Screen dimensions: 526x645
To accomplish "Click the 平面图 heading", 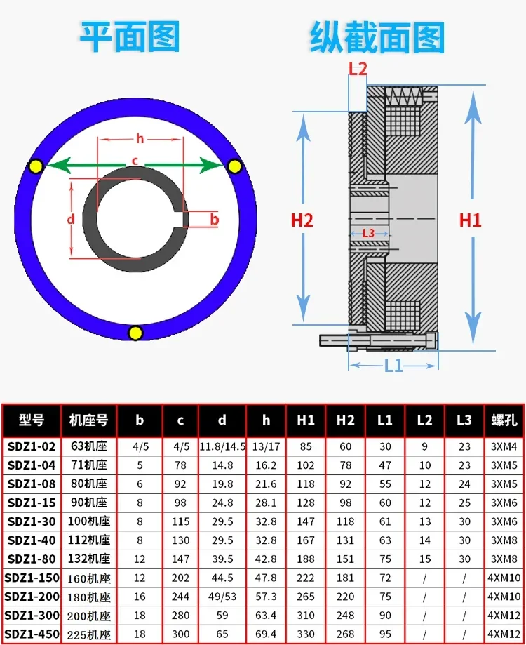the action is point(130,37).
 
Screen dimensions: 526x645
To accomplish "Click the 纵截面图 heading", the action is point(377,38).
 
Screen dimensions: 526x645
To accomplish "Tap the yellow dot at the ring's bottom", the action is point(135,333).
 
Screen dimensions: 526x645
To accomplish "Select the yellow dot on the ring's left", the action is point(36,166).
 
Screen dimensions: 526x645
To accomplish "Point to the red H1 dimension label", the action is point(470,220).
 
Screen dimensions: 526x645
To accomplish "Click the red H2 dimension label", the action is point(302,220).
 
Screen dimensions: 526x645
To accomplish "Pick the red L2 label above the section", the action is point(358,69).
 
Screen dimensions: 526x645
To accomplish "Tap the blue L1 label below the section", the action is point(393,365).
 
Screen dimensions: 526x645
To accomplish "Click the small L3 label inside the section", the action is point(369,233).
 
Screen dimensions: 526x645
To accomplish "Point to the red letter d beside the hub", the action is point(71,219).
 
